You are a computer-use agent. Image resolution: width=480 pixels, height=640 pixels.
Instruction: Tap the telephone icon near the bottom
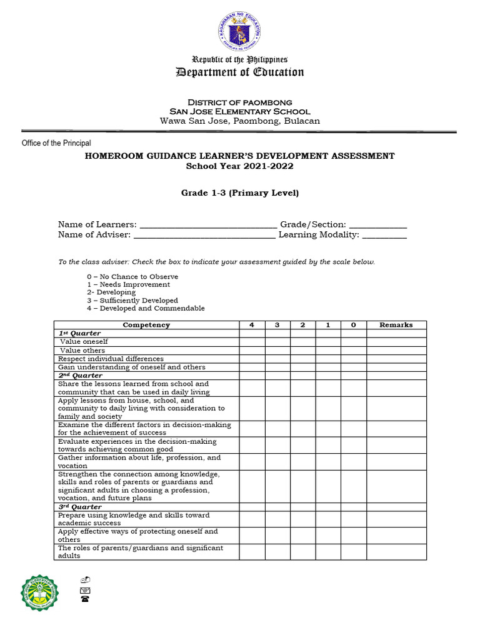84,599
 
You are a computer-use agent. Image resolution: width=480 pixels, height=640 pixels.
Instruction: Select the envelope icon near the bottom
84,589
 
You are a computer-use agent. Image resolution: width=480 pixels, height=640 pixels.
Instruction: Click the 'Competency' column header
146,325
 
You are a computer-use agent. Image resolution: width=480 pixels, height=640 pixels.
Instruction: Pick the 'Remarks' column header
396,325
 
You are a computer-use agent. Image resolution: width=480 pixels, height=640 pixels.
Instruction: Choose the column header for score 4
251,325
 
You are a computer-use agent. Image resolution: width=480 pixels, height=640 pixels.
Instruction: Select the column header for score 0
353,325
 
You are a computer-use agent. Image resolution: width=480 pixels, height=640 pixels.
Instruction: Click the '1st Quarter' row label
79,333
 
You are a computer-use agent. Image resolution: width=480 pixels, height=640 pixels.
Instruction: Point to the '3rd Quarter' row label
79,507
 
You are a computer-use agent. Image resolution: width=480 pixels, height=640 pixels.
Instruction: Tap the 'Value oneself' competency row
84,342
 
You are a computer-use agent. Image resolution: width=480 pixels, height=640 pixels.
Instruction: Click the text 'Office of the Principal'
56,143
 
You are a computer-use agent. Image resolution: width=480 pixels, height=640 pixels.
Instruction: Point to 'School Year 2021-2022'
240,166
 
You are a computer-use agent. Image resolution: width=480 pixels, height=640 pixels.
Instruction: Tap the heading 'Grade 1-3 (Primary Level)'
240,193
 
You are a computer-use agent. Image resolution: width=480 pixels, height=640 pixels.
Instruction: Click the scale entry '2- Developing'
111,292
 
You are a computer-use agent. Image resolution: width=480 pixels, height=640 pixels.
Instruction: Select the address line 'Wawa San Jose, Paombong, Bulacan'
240,121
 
